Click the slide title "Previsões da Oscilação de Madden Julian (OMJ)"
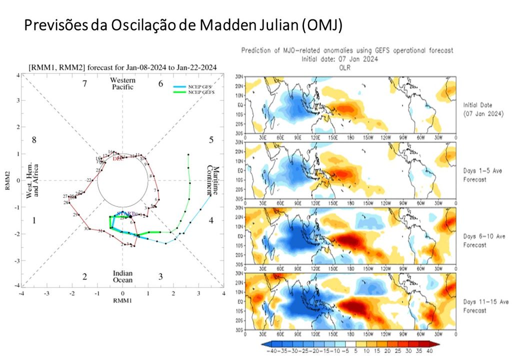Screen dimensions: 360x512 (x=183, y=25)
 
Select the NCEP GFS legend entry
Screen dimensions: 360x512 (x=197, y=87)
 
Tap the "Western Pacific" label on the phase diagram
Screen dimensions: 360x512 (x=122, y=83)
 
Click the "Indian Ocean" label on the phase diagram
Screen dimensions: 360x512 (x=122, y=276)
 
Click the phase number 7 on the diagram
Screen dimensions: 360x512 (x=85, y=83)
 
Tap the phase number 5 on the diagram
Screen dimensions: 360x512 (x=211, y=140)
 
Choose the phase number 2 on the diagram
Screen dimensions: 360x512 (x=85, y=276)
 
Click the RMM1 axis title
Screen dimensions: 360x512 (x=122, y=301)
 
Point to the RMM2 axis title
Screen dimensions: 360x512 (x=7, y=180)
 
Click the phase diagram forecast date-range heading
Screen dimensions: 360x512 (x=122, y=67)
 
